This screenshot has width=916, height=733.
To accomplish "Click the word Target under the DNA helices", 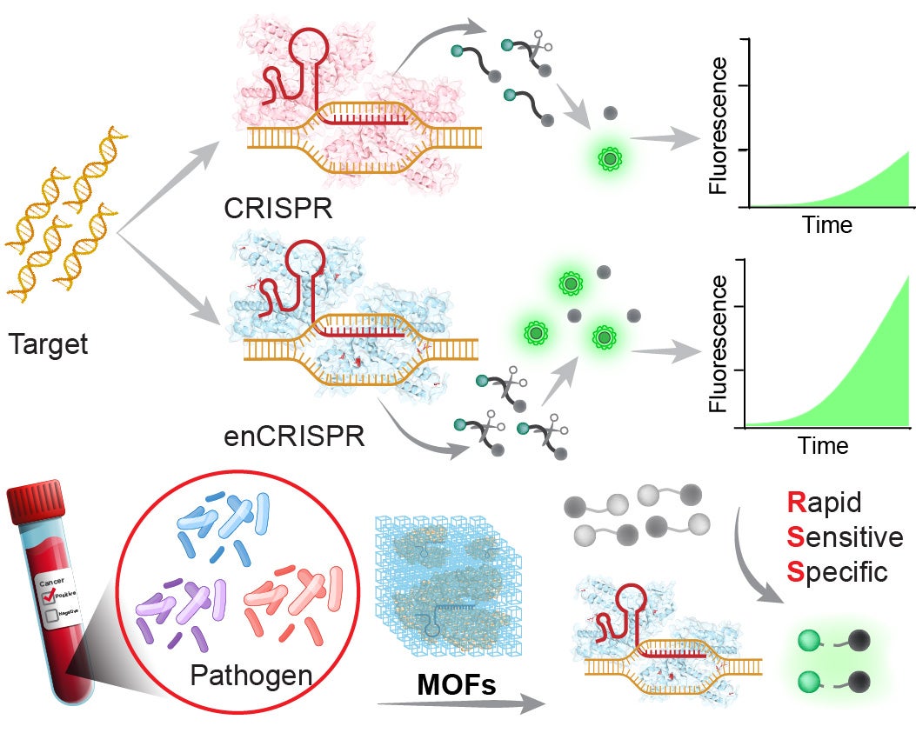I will (x=49, y=345).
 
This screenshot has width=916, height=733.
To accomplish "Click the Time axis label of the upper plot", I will (x=827, y=224).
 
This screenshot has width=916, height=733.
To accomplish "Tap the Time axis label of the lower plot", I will (x=823, y=445).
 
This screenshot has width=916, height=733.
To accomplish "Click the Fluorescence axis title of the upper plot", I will (x=720, y=124).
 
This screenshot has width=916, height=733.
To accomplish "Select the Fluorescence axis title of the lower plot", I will (x=720, y=344).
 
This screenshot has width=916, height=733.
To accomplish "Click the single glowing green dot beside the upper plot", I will (x=610, y=158).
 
